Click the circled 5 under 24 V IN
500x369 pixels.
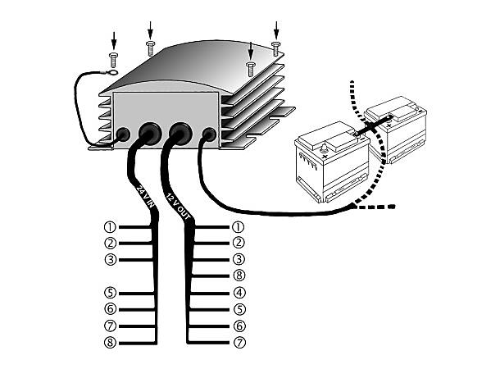coord(110,293)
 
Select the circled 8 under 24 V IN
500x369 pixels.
coord(110,342)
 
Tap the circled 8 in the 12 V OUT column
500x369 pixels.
coord(239,276)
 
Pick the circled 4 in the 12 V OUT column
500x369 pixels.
coord(239,293)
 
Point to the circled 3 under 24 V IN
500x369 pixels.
coord(110,259)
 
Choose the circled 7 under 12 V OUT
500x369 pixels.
coord(239,342)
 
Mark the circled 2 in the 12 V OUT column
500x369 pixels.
coord(239,243)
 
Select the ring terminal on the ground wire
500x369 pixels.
coord(112,73)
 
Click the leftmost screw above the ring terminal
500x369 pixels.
coord(113,57)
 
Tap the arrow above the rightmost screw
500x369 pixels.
coord(275,27)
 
